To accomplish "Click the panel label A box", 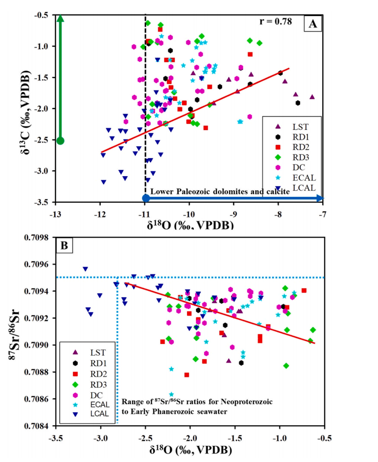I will pyautogui.click(x=312, y=24).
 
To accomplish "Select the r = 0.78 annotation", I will pyautogui.click(x=275, y=22).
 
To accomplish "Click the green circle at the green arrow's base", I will pyautogui.click(x=60, y=141).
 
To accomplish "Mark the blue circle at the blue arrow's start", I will pyautogui.click(x=145, y=198).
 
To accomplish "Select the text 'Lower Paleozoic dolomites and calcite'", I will pyautogui.click(x=220, y=192).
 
